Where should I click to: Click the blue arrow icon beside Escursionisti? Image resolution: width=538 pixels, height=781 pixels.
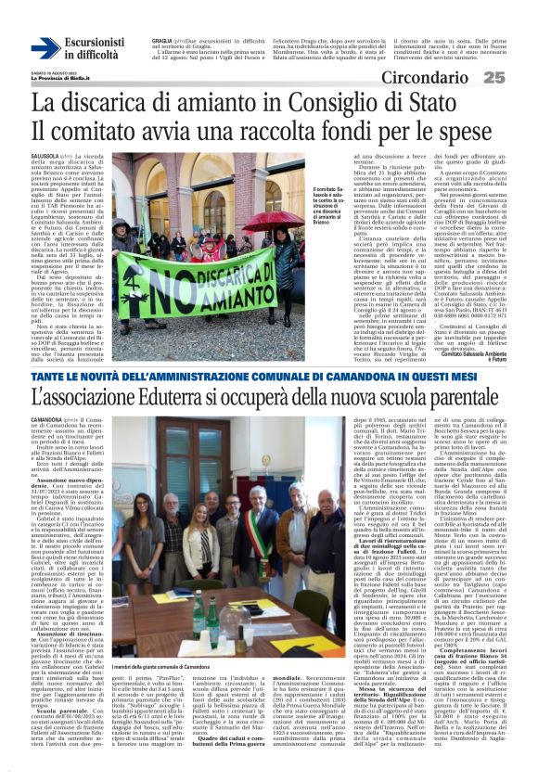[x=45, y=49]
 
